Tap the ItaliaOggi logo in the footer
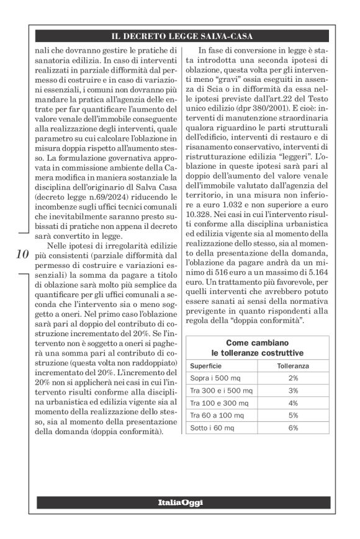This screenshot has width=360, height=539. coord(180,502)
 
